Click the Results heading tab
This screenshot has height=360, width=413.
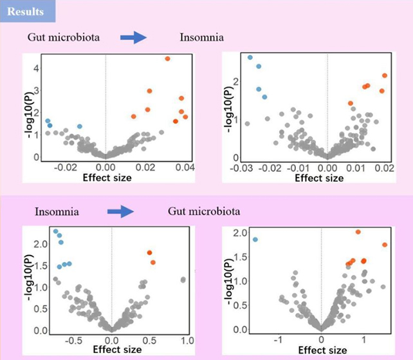[x=28, y=11]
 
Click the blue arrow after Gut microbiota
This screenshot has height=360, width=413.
[x=134, y=38]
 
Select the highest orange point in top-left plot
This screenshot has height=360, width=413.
[x=167, y=59]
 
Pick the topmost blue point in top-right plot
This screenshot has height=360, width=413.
[x=250, y=57]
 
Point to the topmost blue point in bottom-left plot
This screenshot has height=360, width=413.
[x=56, y=231]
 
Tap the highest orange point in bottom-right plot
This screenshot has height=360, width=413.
[x=358, y=232]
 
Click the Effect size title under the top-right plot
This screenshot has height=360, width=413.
[x=317, y=177]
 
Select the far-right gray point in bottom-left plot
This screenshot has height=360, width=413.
[x=183, y=279]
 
